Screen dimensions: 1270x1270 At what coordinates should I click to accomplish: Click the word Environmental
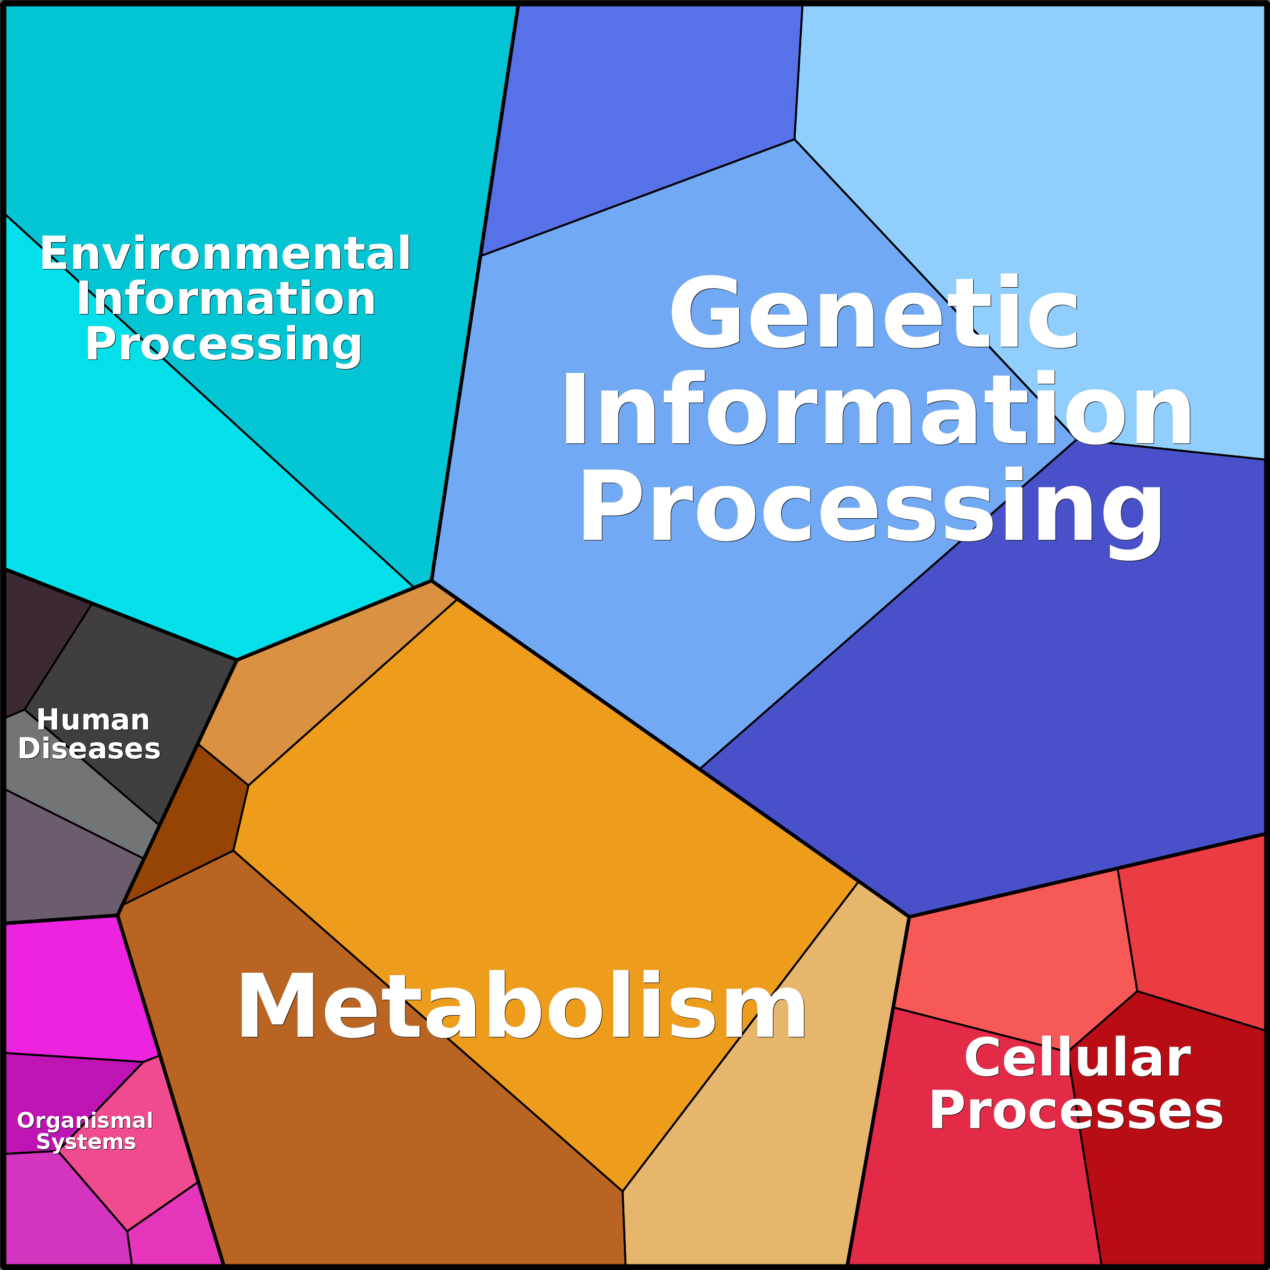point(225,254)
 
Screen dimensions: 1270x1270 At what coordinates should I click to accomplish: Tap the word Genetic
point(874,313)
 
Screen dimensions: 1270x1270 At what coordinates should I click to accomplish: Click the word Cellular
point(1077,1058)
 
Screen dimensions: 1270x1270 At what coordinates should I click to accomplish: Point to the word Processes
point(1076,1111)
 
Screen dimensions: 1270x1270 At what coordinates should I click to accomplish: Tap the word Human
point(94,720)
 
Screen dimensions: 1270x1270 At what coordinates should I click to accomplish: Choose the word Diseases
point(89,749)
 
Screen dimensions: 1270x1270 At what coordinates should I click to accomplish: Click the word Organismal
point(85,1120)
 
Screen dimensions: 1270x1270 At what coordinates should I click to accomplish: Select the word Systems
point(86,1142)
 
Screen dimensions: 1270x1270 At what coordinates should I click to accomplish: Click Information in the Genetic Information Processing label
point(877,409)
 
